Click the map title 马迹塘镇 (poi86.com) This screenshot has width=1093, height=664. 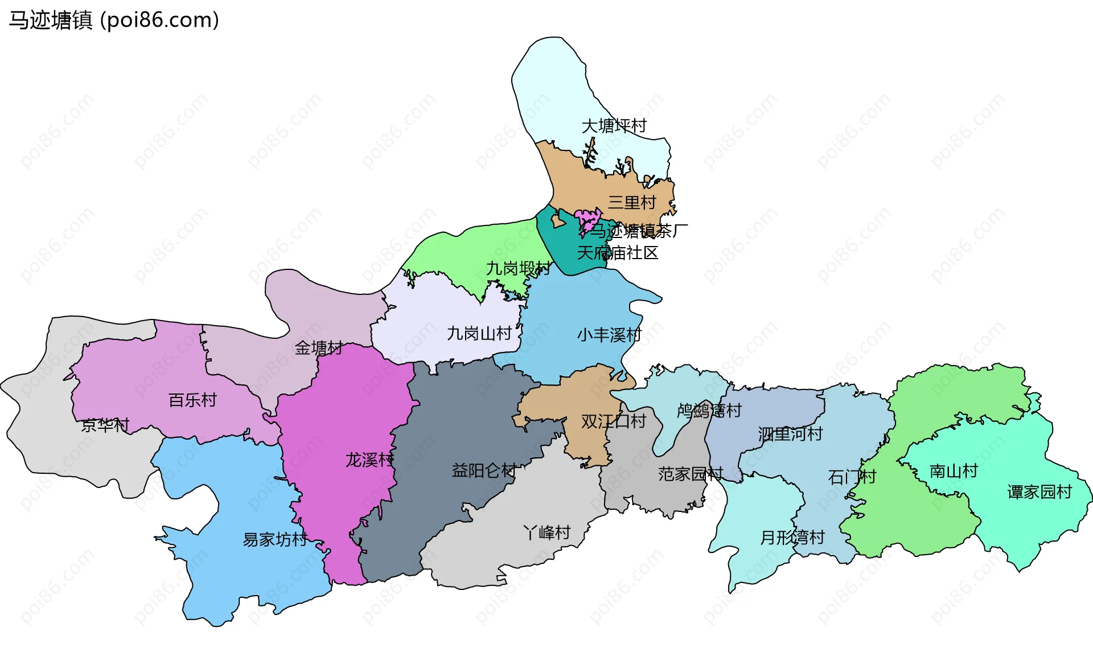click(114, 21)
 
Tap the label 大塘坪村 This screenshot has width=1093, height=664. click(614, 126)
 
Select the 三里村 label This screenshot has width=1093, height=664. click(632, 202)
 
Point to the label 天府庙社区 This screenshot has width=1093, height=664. click(618, 253)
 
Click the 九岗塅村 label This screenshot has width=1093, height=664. click(519, 268)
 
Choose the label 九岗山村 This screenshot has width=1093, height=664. click(479, 333)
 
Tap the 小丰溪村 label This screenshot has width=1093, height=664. click(609, 335)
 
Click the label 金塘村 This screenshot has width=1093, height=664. click(318, 348)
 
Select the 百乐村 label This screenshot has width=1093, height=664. click(192, 400)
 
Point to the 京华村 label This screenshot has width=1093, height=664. click(105, 425)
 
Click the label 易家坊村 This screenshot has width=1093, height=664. click(275, 539)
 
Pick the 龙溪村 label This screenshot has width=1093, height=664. click(369, 460)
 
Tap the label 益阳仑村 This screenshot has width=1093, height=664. click(484, 470)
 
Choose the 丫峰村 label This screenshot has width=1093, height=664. click(546, 532)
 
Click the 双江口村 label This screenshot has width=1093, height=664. click(613, 421)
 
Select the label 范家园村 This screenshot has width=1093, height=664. click(690, 474)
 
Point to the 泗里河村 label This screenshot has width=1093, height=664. click(790, 434)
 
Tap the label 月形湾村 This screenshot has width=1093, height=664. click(792, 537)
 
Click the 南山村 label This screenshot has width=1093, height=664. click(954, 471)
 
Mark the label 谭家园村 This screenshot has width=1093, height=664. click(1039, 491)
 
